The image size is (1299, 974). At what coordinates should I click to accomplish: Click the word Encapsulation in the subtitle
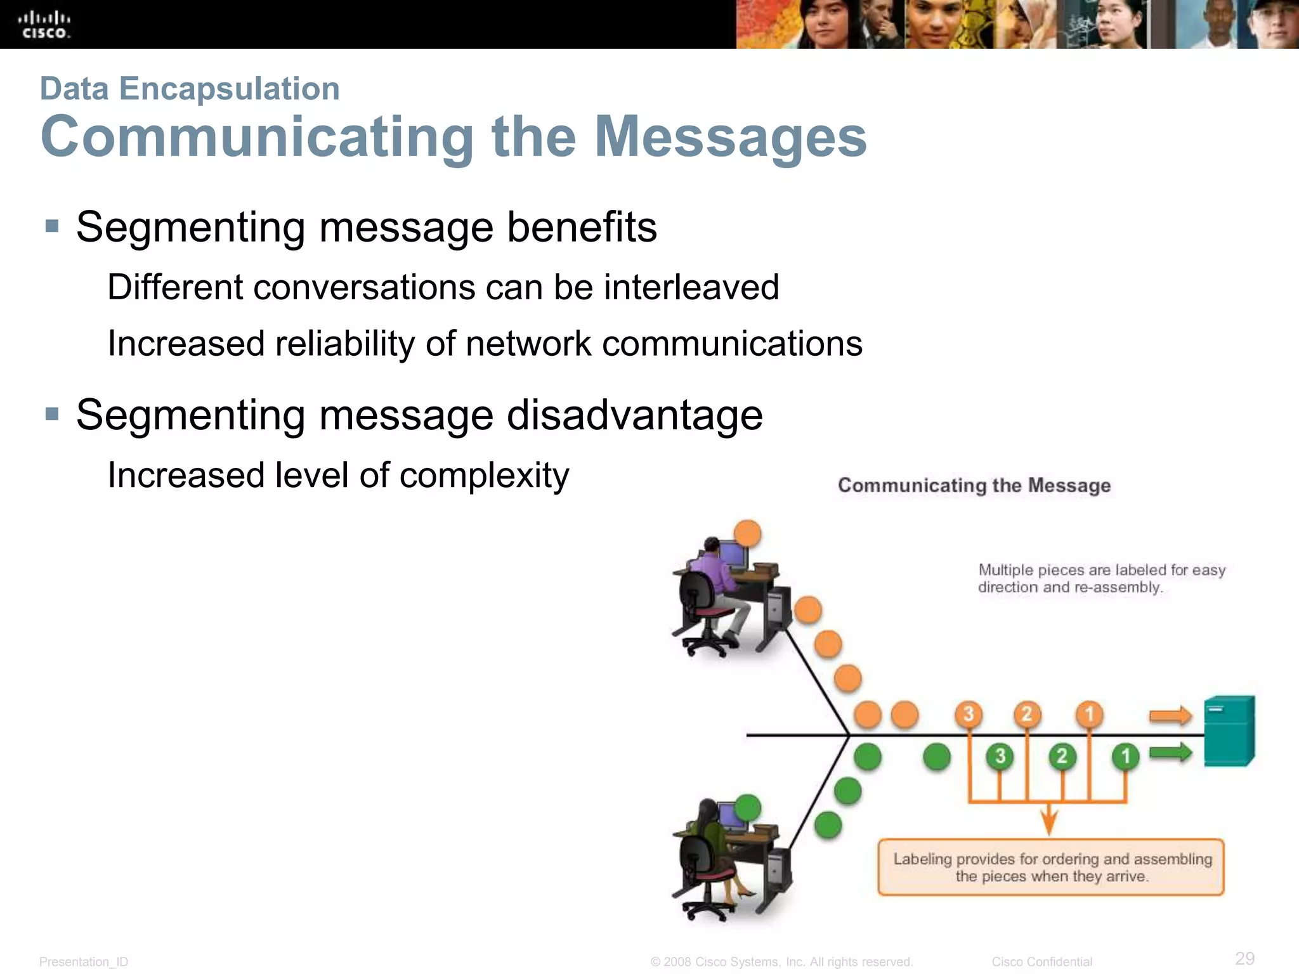[x=229, y=89]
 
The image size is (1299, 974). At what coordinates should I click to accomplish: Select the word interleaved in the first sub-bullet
[x=691, y=287]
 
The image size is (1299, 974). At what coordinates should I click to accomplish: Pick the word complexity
[x=484, y=476]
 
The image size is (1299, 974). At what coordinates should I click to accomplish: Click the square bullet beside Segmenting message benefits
[x=52, y=226]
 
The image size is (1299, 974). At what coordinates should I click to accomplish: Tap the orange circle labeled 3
[x=969, y=714]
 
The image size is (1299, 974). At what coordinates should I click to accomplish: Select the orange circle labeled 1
[x=1090, y=714]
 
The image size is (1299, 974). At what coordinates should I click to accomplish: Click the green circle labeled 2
[x=1062, y=756]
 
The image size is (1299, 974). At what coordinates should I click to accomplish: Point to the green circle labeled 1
[x=1126, y=756]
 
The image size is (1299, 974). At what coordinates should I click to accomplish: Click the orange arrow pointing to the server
[x=1170, y=717]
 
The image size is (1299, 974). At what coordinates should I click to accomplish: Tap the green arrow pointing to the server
[x=1170, y=753]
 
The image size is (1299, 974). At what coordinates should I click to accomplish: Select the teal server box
[x=1229, y=731]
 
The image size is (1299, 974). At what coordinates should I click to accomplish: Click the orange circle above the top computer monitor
[x=748, y=533]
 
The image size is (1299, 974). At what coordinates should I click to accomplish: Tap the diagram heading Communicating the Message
[x=974, y=486]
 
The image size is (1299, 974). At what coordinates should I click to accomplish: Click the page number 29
[x=1244, y=958]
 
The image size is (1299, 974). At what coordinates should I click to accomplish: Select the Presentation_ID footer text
[x=84, y=962]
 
